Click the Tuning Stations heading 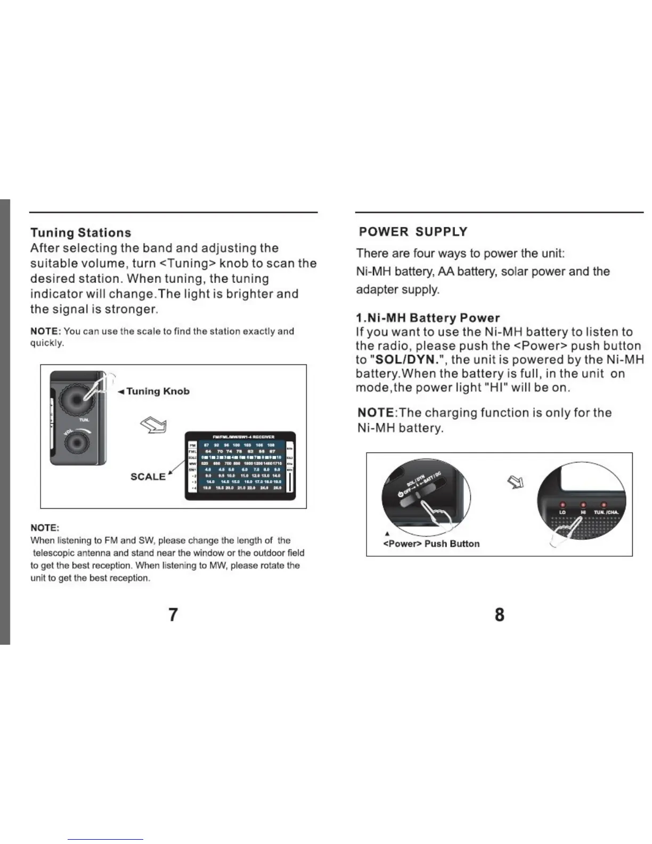coord(80,233)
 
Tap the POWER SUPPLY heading coord(413,232)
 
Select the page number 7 coord(173,614)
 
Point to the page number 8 coord(499,614)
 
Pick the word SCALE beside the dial coord(148,476)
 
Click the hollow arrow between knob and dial coord(153,425)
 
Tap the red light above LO coord(562,505)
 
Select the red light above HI coord(583,505)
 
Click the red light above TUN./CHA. coord(604,505)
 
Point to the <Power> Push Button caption coord(431,543)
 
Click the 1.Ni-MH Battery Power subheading coord(428,318)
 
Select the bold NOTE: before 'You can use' coord(46,331)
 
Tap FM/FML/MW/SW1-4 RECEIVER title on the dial coord(240,437)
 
